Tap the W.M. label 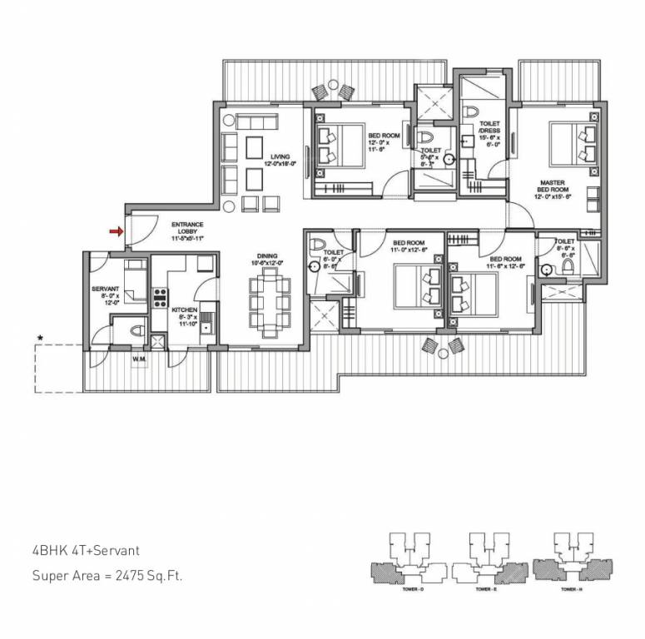139,359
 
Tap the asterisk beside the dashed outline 38,337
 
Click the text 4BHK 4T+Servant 86,550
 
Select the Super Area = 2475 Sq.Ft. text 107,575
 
